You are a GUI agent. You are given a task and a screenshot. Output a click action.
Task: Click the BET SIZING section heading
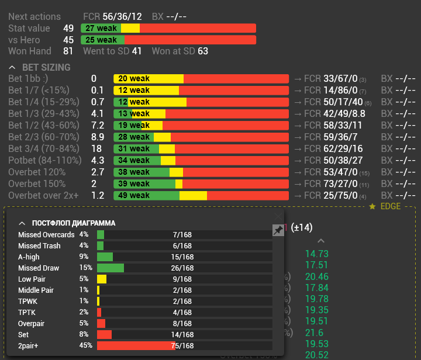coord(46,67)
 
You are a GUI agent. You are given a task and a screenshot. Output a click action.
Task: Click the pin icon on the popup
coord(278,231)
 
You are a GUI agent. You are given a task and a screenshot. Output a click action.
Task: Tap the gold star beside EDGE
coord(372,206)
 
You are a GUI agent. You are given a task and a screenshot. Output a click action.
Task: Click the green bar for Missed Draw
coord(111,268)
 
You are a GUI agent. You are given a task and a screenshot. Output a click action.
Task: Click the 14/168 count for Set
coord(182,334)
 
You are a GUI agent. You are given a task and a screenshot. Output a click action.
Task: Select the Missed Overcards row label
coord(47,234)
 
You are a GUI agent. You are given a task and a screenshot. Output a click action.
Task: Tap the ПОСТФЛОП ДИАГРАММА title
coord(74,223)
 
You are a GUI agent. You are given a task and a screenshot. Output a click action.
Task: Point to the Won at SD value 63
coord(203,51)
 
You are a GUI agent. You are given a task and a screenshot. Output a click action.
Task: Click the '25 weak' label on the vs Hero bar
coord(101,40)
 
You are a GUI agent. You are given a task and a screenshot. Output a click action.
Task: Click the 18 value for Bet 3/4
coord(96,148)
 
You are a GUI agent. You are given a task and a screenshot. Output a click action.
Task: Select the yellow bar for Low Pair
coord(102,279)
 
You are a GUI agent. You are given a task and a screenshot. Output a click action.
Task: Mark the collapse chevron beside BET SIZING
coord(13,67)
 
